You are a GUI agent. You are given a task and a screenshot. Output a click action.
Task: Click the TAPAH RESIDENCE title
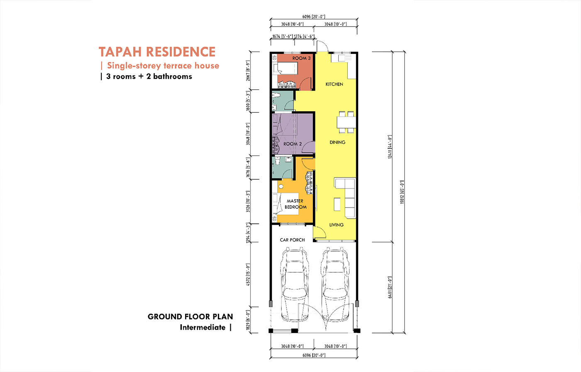point(157,52)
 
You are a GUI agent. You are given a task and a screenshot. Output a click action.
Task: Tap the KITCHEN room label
point(334,84)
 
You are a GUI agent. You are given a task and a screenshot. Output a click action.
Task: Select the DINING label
point(337,142)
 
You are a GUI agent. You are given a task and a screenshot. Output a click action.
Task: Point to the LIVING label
point(336,225)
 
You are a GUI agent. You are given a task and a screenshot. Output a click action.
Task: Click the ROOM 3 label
point(301,58)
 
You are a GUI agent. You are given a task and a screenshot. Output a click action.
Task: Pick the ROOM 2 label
point(293,144)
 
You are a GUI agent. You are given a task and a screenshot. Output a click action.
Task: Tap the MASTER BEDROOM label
point(295,204)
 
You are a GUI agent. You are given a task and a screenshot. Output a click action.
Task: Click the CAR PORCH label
point(292,240)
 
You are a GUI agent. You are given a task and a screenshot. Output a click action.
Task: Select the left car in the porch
point(294,284)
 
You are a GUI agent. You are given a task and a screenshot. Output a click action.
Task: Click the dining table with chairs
point(346,122)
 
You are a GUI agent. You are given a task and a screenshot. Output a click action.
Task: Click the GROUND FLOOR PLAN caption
point(190,317)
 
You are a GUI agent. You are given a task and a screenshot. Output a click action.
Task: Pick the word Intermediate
point(203,328)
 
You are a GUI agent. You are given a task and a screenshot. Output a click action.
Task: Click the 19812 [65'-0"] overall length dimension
point(402,192)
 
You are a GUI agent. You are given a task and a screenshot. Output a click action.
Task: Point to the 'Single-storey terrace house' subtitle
point(163,66)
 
